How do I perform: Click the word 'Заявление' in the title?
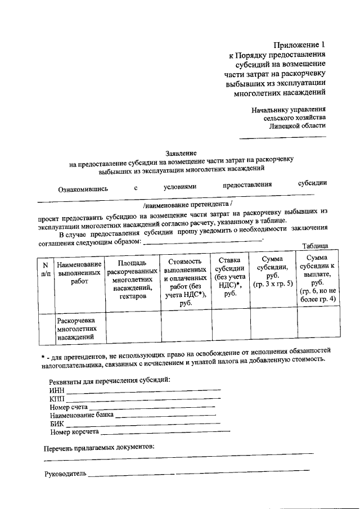pos(181,153)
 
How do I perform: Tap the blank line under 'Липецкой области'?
pos(283,137)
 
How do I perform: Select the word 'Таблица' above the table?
pos(315,246)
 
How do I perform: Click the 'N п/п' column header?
pos(45,269)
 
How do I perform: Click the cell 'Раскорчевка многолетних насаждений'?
pos(79,328)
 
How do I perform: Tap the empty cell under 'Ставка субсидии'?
pos(229,328)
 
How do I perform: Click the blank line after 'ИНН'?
pos(143,390)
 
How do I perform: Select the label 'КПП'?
pos(57,399)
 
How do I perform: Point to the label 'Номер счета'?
pos(69,407)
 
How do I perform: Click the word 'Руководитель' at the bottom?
pos(65,474)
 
